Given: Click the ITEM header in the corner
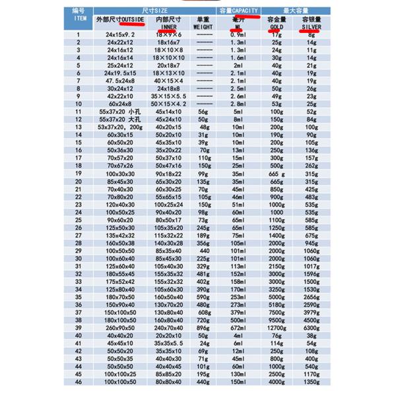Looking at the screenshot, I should click(78, 20).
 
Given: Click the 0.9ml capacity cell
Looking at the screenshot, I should click(238, 34).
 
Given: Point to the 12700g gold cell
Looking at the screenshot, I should click(276, 327).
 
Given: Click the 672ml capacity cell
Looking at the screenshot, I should click(238, 327).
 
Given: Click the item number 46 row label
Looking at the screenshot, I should click(78, 381).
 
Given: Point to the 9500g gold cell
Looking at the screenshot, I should click(276, 320).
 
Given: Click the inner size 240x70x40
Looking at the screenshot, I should click(168, 327).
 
